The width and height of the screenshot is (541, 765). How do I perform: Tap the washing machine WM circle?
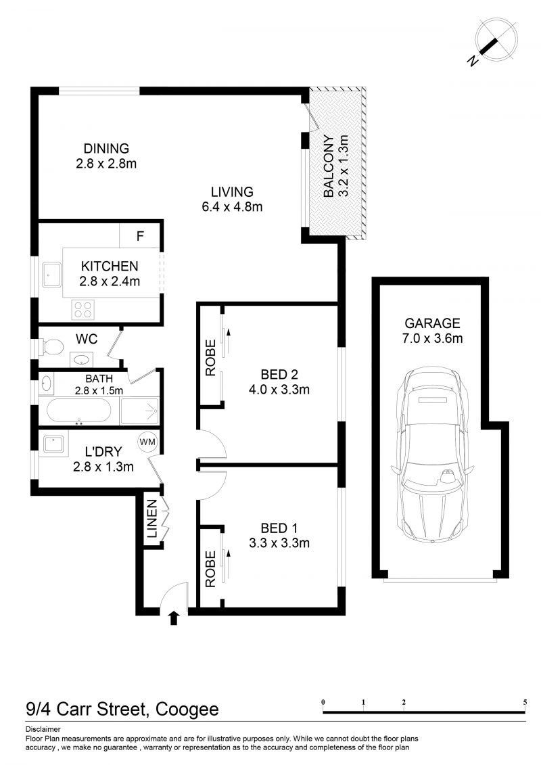[147, 442]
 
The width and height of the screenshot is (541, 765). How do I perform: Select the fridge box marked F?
[140, 236]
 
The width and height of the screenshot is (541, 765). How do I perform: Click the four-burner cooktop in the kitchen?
[83, 310]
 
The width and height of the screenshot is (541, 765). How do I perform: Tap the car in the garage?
[433, 455]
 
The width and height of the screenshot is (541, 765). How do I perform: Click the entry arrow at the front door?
[174, 618]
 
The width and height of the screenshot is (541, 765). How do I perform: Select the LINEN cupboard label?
[152, 519]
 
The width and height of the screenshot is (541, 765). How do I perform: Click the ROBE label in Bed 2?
[210, 358]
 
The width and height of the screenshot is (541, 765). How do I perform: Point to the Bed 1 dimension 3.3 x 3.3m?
[279, 543]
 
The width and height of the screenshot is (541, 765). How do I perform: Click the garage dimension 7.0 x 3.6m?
[433, 338]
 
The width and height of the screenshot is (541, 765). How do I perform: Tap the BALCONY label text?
[329, 166]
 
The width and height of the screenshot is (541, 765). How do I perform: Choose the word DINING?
[106, 148]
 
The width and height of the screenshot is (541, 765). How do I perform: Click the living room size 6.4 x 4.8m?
[232, 207]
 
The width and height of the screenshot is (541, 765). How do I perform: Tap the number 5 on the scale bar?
[525, 702]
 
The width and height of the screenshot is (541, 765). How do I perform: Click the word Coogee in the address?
[187, 709]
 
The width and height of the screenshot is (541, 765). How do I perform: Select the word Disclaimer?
[43, 729]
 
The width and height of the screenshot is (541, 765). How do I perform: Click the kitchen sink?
[51, 275]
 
